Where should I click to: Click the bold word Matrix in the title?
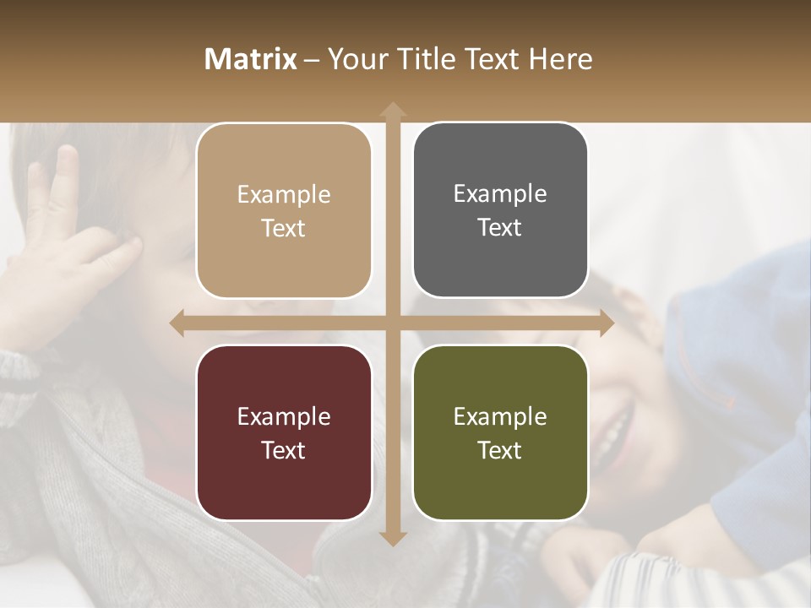(x=250, y=59)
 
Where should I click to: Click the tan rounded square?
(x=284, y=211)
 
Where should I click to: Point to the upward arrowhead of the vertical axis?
(x=392, y=110)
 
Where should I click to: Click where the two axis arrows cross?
(x=392, y=323)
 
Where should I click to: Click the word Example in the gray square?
(x=500, y=194)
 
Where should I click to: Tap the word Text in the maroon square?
(x=284, y=450)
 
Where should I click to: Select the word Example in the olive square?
(x=500, y=416)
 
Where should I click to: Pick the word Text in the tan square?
(x=284, y=228)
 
